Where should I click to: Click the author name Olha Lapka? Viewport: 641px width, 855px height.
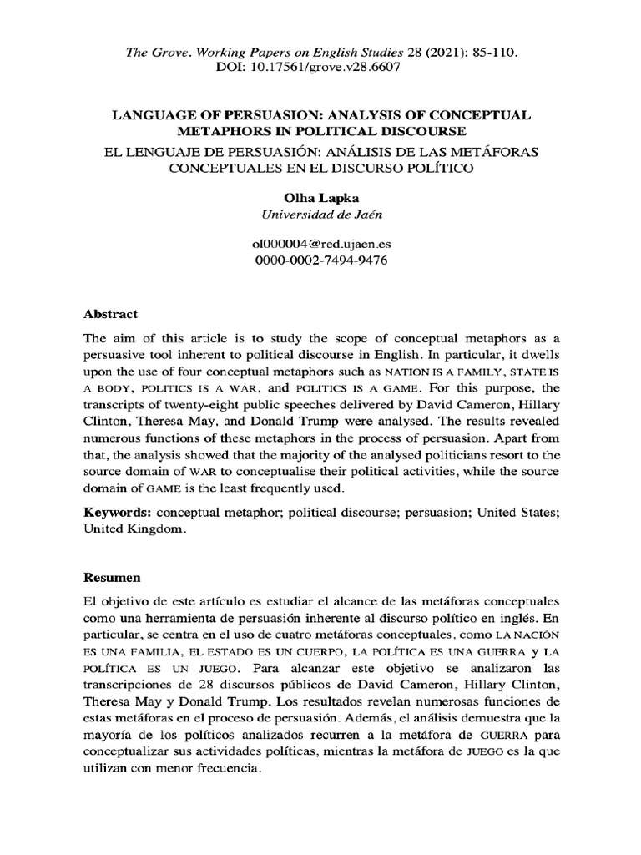tap(320, 198)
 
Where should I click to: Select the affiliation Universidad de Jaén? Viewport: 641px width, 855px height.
tap(320, 215)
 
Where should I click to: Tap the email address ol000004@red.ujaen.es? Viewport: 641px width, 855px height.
tap(320, 245)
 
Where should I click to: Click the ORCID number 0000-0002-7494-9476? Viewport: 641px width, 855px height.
tap(320, 261)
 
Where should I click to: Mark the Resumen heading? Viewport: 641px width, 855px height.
tap(113, 577)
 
